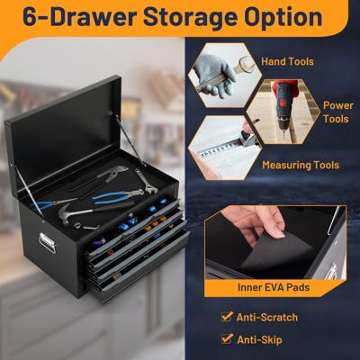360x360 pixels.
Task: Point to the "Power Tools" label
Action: [x=337, y=112]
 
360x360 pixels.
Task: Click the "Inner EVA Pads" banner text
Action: [x=274, y=288]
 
